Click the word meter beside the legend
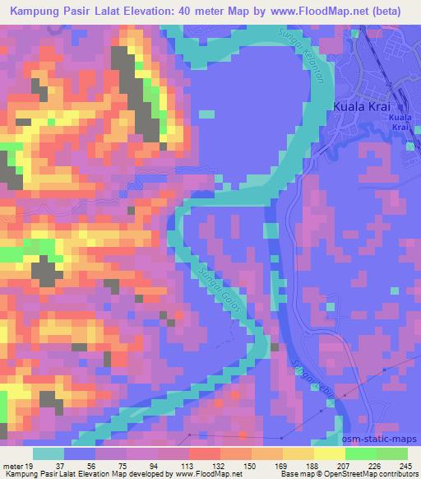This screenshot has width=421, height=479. (x=13, y=466)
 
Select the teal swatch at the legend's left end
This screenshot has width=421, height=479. (x=49, y=453)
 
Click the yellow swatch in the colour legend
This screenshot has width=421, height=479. (x=329, y=453)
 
